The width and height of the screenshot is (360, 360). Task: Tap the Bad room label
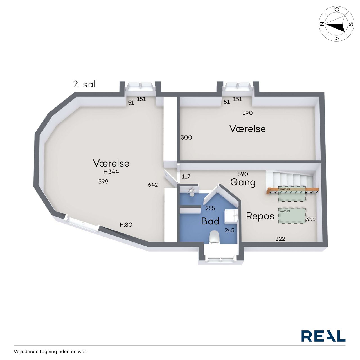[x=210, y=221]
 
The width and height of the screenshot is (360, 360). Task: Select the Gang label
[x=243, y=182]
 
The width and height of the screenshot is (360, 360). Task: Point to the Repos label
[x=260, y=216]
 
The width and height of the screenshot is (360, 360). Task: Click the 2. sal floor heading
[x=84, y=84]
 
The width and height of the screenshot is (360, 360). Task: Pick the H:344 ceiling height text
[x=111, y=172]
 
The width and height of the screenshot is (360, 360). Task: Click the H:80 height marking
[x=126, y=225]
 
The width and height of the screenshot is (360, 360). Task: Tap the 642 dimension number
[x=153, y=185]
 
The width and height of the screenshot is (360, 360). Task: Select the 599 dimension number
[x=103, y=181]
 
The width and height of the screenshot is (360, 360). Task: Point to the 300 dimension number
[x=186, y=138]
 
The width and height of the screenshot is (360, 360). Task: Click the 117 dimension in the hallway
[x=186, y=176]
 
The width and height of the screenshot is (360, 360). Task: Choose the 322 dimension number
[x=280, y=239]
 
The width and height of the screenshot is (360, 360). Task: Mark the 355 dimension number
[x=311, y=219]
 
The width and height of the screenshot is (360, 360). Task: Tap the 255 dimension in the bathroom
[x=210, y=208]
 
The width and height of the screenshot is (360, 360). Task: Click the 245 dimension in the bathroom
[x=229, y=230]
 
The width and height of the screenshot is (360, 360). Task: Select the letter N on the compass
[x=322, y=24]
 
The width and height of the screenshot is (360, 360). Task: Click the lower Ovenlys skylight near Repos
[x=292, y=216]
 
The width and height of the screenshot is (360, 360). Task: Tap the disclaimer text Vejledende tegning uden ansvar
[x=50, y=352]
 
